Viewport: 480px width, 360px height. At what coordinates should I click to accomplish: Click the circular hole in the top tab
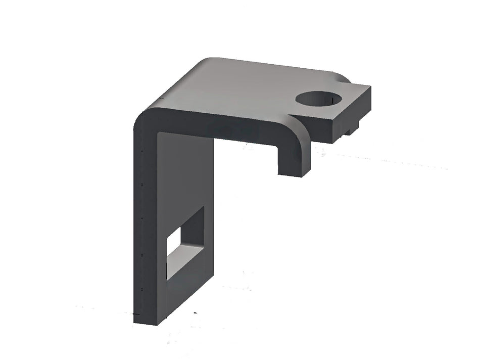click(319, 99)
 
